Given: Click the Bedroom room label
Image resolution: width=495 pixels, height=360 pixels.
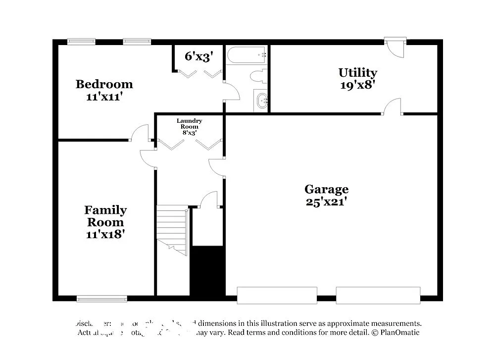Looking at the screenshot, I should click(x=104, y=84).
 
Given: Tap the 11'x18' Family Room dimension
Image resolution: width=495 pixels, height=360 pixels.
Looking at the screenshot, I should click(x=105, y=234).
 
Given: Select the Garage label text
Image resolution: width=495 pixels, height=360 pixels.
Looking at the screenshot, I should click(x=326, y=189).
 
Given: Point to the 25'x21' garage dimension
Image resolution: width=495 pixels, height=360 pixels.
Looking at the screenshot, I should click(x=326, y=202).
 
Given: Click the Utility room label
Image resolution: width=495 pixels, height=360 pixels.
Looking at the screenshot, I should click(x=357, y=73).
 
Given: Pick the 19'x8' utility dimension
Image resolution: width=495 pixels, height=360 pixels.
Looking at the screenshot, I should click(x=357, y=85).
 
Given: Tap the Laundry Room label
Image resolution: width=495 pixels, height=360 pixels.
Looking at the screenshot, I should click(x=189, y=124).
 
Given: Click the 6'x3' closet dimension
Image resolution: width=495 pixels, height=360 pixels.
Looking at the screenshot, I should click(x=198, y=56).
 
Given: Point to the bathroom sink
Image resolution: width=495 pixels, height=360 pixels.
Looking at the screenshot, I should click(x=261, y=101).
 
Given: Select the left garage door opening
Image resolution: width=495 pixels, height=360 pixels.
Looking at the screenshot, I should click(x=277, y=295).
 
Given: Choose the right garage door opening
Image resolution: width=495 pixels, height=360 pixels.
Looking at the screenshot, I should click(x=378, y=295).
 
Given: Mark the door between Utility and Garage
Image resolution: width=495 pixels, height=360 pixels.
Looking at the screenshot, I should click(x=392, y=107).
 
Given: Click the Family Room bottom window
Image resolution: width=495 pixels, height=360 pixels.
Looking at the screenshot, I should click(x=101, y=299).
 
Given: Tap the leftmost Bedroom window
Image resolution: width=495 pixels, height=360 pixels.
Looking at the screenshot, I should click(x=82, y=42).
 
